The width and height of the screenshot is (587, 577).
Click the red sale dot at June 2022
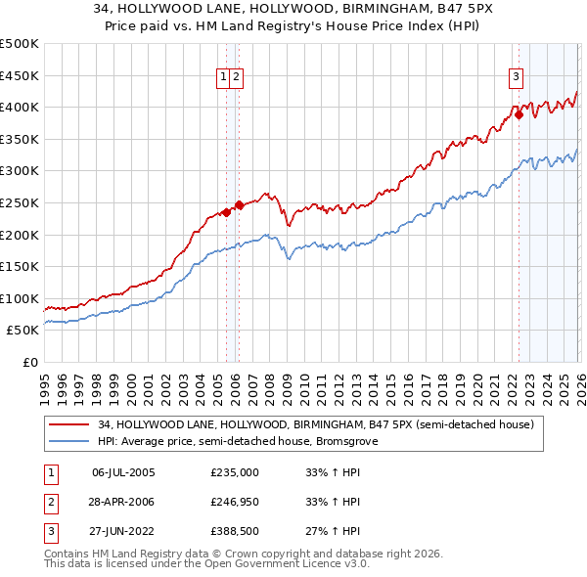point(519,114)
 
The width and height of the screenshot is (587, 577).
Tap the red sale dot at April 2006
point(240,204)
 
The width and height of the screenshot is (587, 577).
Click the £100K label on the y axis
point(21,298)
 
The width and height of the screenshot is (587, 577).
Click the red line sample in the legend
point(68,424)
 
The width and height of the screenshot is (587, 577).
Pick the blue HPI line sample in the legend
point(68,441)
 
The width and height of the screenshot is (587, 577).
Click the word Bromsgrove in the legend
point(359,441)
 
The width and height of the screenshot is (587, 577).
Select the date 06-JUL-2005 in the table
point(123,472)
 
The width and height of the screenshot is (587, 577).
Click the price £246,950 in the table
point(235,502)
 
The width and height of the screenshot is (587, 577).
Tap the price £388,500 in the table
point(235,531)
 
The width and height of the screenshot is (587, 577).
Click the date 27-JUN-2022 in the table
point(123,531)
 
